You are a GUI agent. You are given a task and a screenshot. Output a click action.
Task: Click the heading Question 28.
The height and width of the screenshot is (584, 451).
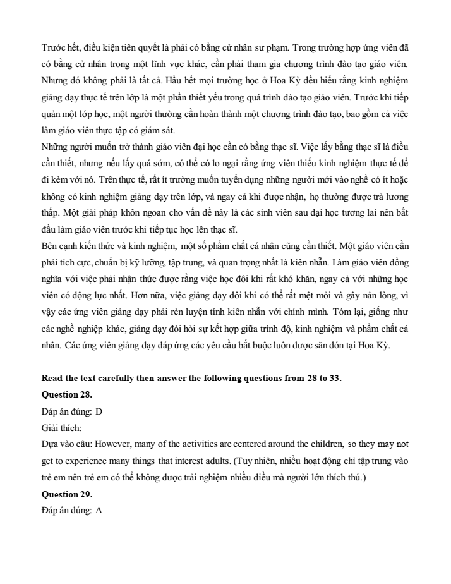point(66,395)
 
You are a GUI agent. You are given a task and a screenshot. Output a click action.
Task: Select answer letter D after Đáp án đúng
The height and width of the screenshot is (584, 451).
point(99,411)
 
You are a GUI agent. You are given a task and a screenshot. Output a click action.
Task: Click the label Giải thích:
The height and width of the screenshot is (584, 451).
point(58,428)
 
